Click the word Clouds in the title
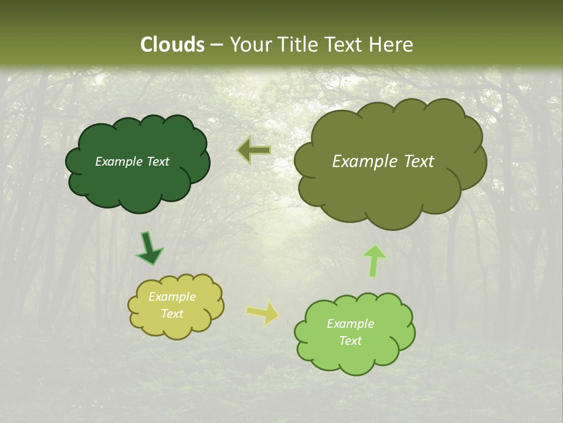coord(172,44)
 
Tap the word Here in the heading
coord(392,44)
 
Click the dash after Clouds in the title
coord(216,45)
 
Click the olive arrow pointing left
coord(254,150)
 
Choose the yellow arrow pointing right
coord(263,313)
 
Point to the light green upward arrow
coord(374,261)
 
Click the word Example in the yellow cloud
coord(172,297)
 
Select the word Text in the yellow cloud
coord(172,314)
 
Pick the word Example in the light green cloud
coord(350,324)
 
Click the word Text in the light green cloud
coord(350,341)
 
